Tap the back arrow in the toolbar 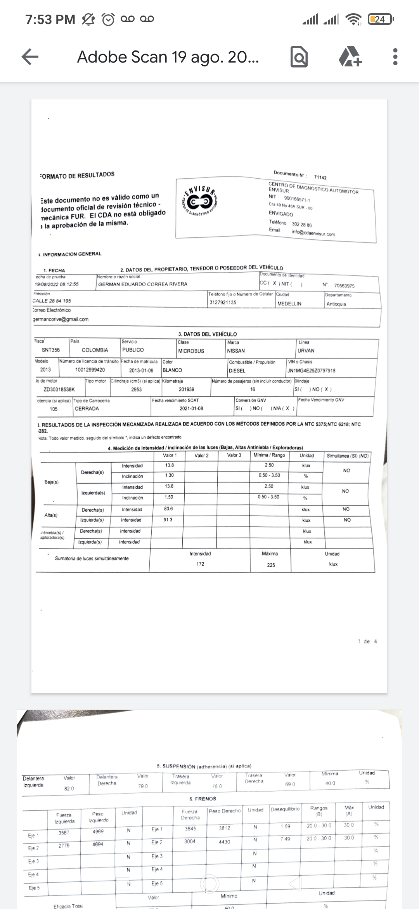[x=30, y=57]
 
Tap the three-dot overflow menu [x=395, y=57]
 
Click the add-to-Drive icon [x=350, y=57]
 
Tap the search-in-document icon [x=299, y=57]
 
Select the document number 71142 [x=320, y=177]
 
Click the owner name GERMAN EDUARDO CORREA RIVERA [x=143, y=284]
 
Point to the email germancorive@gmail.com [x=61, y=319]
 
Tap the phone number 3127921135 [x=223, y=302]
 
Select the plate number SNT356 [x=51, y=350]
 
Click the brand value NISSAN [x=236, y=351]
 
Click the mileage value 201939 [x=187, y=389]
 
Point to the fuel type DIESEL [x=237, y=371]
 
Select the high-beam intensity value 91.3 [x=168, y=520]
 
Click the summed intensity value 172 [x=200, y=564]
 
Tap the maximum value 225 [x=271, y=565]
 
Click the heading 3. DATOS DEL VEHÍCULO [x=208, y=334]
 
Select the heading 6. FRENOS [x=203, y=799]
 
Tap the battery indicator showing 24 [x=380, y=19]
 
